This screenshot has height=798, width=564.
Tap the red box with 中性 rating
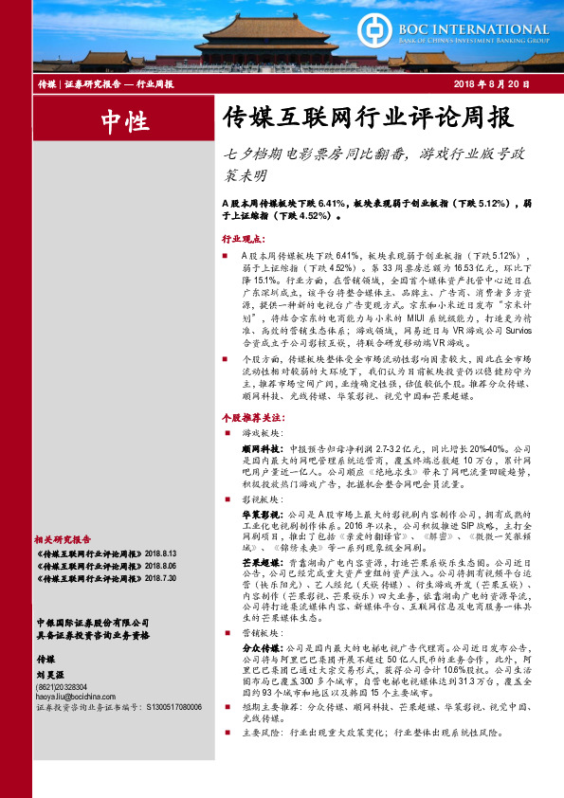124,119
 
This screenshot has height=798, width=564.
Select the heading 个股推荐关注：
251,416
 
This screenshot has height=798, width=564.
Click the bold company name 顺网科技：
264,446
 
